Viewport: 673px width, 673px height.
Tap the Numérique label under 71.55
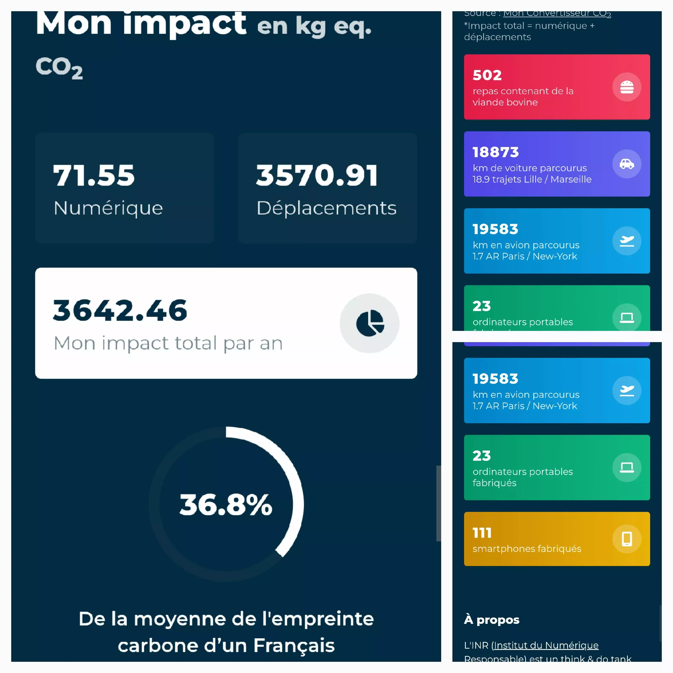(x=108, y=208)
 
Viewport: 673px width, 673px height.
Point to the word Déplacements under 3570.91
(x=326, y=208)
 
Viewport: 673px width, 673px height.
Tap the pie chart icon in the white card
(x=370, y=323)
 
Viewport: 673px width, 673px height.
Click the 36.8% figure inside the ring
(x=226, y=505)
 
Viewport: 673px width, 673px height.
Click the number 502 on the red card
(x=487, y=75)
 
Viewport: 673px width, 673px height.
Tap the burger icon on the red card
(x=627, y=87)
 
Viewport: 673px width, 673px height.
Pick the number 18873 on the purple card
(x=495, y=152)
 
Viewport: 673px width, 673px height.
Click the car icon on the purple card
(x=627, y=164)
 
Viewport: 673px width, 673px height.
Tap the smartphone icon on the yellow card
(x=627, y=539)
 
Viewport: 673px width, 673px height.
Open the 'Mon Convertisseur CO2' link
(x=557, y=14)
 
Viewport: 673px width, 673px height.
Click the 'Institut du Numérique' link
(x=546, y=645)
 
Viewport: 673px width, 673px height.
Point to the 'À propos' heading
(x=491, y=620)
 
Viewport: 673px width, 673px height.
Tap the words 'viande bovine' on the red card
(x=505, y=102)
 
